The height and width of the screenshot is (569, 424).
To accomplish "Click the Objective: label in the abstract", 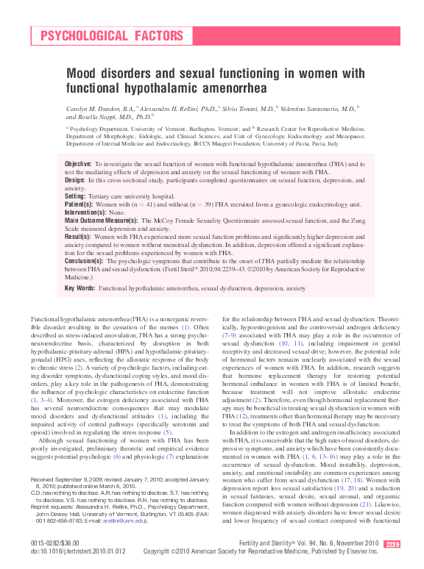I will click(78, 163).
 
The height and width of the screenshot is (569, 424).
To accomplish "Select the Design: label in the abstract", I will click(75, 179).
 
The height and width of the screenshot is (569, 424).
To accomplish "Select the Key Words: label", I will click(81, 289).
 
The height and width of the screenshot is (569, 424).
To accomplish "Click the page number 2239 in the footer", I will click(392, 543).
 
